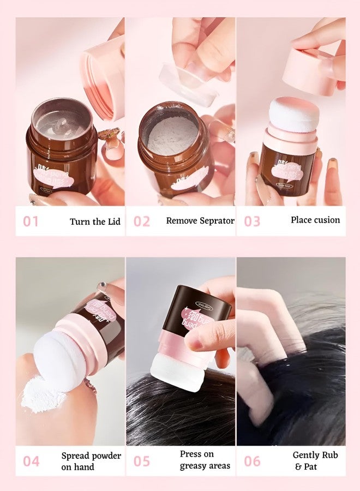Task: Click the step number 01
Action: [x=31, y=221]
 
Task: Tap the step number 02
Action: [x=141, y=221]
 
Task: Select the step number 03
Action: [x=252, y=221]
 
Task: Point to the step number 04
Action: [x=31, y=461]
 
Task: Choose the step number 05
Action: [x=141, y=461]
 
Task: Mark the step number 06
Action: [x=252, y=461]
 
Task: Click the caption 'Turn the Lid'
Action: [x=95, y=221]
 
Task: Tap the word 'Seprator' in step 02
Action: [x=215, y=221]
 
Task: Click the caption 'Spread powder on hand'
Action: [x=91, y=461]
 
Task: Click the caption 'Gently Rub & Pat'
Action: [x=315, y=460]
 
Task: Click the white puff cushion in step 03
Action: [x=295, y=115]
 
